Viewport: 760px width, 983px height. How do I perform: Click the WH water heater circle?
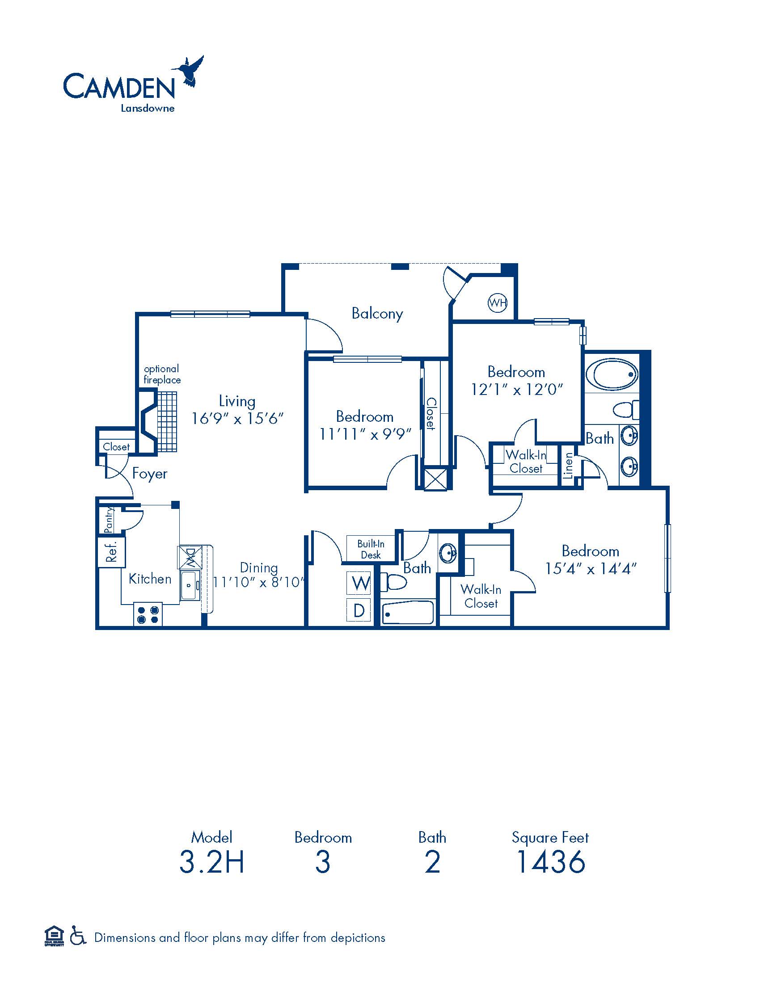pos(498,302)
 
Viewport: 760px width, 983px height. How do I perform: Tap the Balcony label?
pos(377,313)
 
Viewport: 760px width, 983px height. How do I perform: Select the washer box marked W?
pos(359,583)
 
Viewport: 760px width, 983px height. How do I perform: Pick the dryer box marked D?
pos(359,610)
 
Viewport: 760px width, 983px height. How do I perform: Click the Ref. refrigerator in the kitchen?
pos(111,551)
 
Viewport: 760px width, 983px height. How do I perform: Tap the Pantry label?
pos(108,520)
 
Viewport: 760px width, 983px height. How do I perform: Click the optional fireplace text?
pos(162,374)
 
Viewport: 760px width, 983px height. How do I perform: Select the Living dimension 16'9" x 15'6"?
pos(237,419)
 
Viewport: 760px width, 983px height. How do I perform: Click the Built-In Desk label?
pos(371,549)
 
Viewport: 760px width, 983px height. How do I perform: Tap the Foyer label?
pos(149,474)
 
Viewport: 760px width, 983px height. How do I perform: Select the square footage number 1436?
pos(550,861)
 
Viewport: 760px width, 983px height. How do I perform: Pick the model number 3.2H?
pos(211,861)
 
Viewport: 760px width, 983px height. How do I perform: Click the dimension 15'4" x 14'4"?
pos(591,569)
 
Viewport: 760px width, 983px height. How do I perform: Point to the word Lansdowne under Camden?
pos(148,108)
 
